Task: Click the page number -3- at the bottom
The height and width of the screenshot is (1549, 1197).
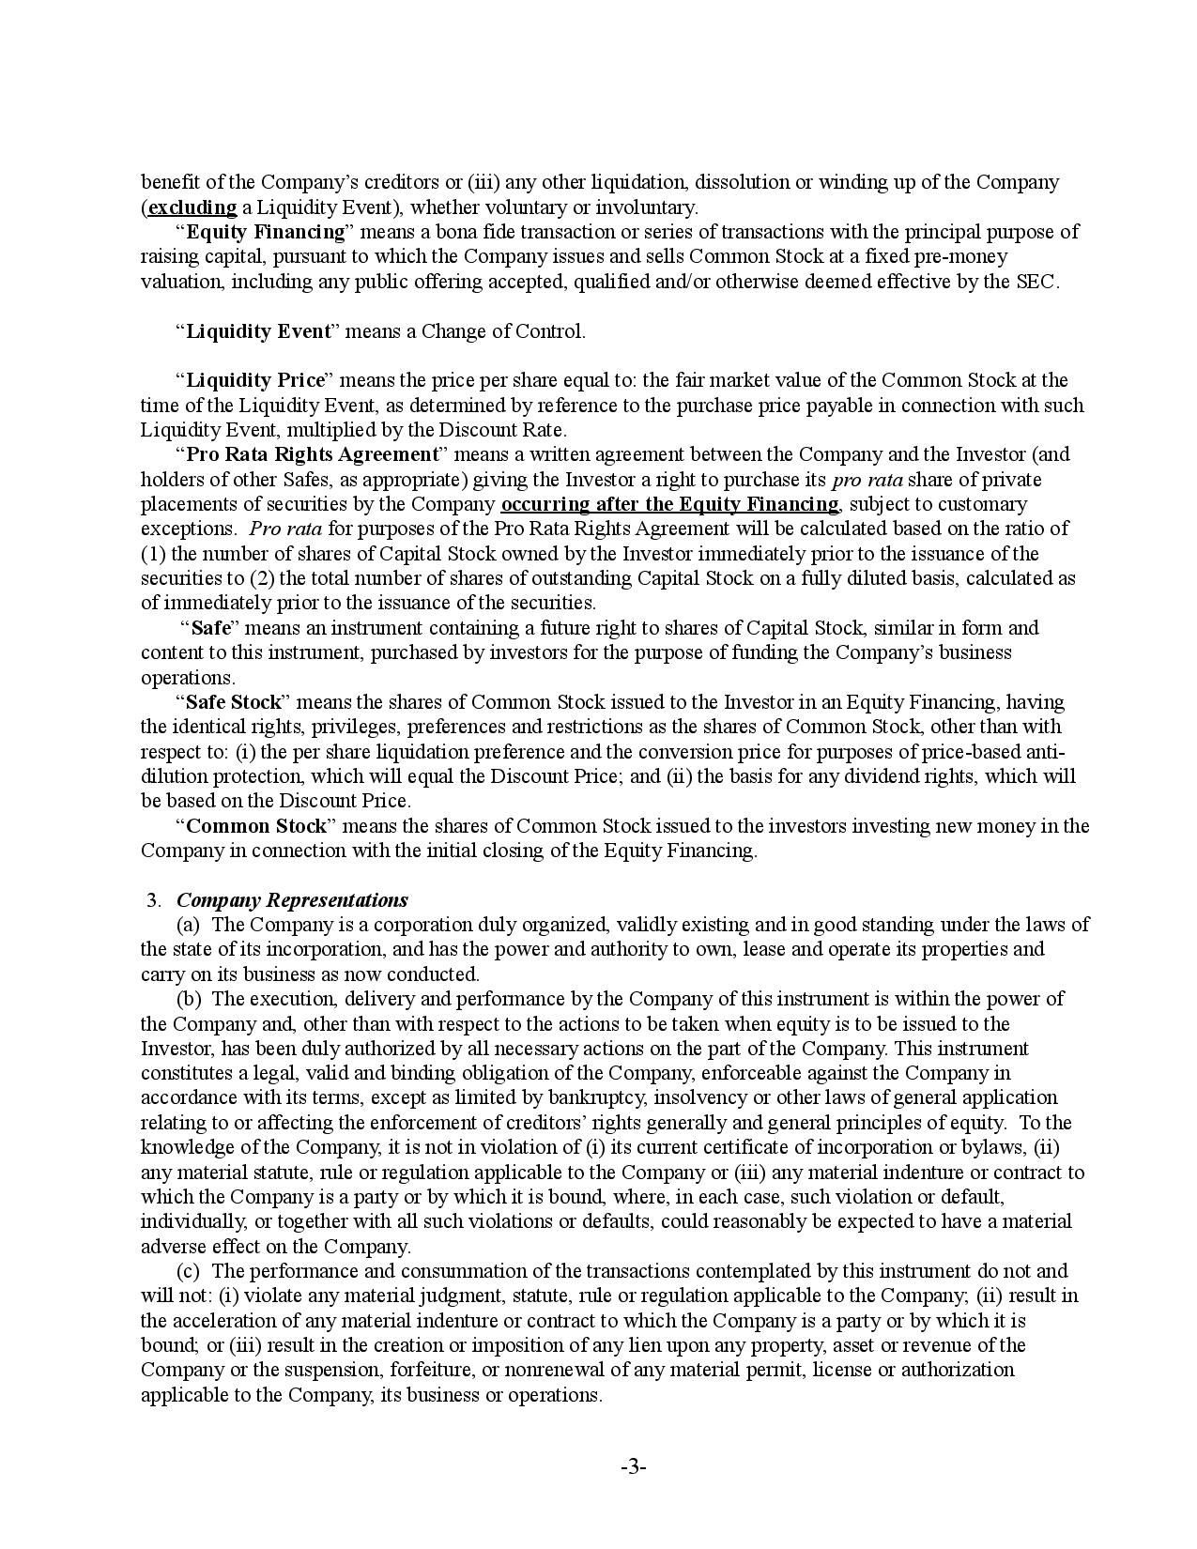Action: pyautogui.click(x=633, y=1467)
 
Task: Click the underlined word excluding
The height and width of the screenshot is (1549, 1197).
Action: pyautogui.click(x=192, y=207)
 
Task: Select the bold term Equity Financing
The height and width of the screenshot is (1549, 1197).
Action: pyautogui.click(x=266, y=232)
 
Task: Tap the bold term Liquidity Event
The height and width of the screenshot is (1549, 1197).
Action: pyautogui.click(x=258, y=331)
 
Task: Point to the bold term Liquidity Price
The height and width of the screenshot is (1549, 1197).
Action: pyautogui.click(x=254, y=380)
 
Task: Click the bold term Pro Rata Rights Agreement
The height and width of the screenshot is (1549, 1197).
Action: pyautogui.click(x=313, y=454)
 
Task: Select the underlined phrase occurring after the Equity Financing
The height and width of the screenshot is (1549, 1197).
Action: pyautogui.click(x=669, y=504)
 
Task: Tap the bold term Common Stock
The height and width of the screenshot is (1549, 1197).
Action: pyautogui.click(x=256, y=826)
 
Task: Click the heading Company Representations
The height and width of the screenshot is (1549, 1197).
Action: pyautogui.click(x=292, y=900)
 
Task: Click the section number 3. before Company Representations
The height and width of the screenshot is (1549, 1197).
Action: pyautogui.click(x=155, y=900)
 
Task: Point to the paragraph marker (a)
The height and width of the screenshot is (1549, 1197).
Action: pyautogui.click(x=189, y=925)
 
